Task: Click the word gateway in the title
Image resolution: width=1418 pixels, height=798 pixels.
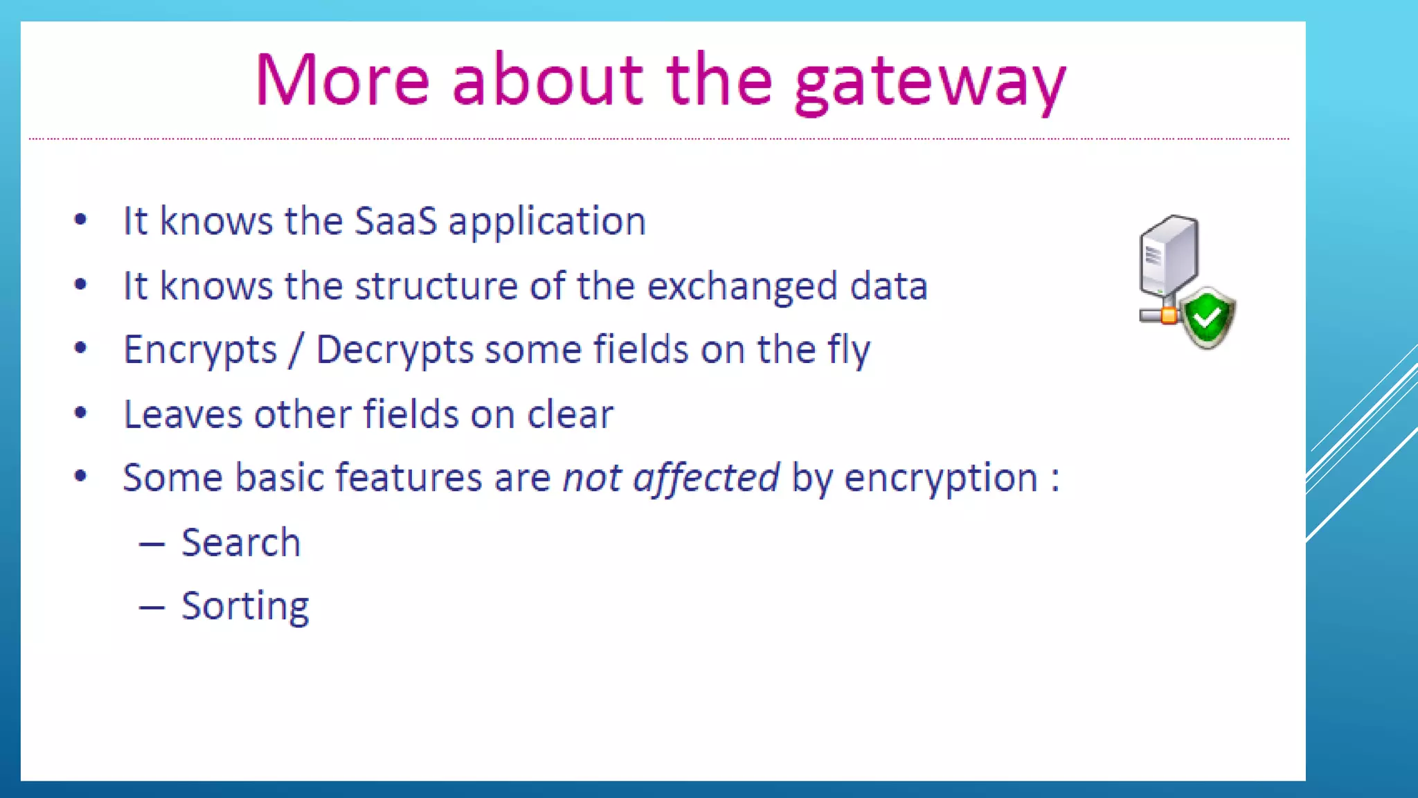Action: point(930,83)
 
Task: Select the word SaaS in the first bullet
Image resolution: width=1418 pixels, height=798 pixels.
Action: point(395,222)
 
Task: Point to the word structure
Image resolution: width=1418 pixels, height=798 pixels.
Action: point(436,286)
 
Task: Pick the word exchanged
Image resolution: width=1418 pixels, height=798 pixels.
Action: point(742,287)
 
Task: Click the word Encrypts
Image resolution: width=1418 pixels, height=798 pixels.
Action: point(200,351)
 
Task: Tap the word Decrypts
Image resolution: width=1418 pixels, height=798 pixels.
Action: point(395,351)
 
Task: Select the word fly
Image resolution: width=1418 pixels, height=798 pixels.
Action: point(849,351)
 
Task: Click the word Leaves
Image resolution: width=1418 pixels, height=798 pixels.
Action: point(183,415)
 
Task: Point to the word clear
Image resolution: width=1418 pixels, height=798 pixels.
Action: point(571,415)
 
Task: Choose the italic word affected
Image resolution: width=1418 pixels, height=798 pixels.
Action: point(706,479)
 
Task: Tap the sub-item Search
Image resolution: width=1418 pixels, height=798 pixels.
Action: point(241,542)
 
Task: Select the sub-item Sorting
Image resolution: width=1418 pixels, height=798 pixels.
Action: point(245,608)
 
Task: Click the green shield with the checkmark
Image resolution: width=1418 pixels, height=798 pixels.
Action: point(1208,318)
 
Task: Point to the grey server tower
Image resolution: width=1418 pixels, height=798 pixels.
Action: point(1168,256)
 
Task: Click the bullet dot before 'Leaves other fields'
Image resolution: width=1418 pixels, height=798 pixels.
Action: point(81,414)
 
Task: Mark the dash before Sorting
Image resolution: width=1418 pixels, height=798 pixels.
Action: point(152,608)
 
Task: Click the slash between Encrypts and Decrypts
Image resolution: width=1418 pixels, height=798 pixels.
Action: point(297,350)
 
